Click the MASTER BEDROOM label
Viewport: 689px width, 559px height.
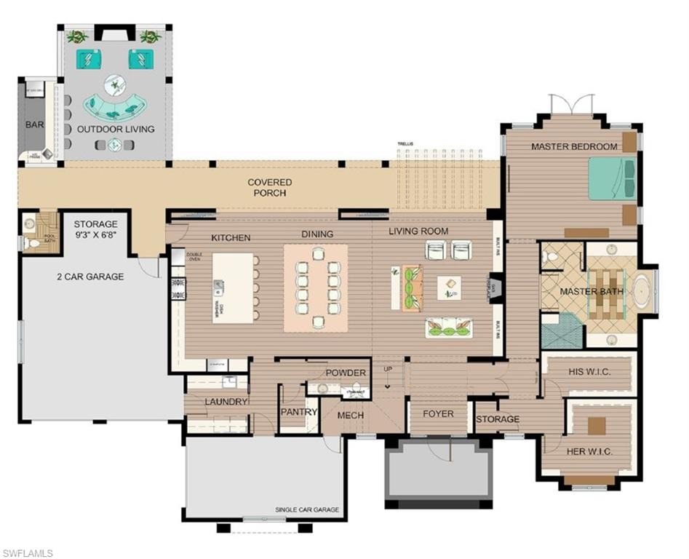coord(574,146)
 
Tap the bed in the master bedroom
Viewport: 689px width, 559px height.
coord(612,178)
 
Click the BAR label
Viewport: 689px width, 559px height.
coord(35,124)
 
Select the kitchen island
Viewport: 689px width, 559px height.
coord(233,288)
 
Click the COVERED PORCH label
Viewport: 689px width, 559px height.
coord(269,188)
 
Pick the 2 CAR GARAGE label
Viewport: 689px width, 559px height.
coord(90,277)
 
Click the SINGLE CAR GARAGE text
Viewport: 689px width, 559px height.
coord(307,510)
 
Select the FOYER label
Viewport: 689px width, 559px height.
coord(438,414)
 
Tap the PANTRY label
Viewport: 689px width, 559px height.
coord(299,412)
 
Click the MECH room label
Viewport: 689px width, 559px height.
coord(351,415)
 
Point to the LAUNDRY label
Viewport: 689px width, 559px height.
coord(227,402)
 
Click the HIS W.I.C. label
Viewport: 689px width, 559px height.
coord(588,373)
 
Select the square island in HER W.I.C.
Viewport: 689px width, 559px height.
coord(597,425)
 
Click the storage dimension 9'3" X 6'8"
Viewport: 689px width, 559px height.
coord(95,234)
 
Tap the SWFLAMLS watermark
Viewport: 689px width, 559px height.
coord(27,553)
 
